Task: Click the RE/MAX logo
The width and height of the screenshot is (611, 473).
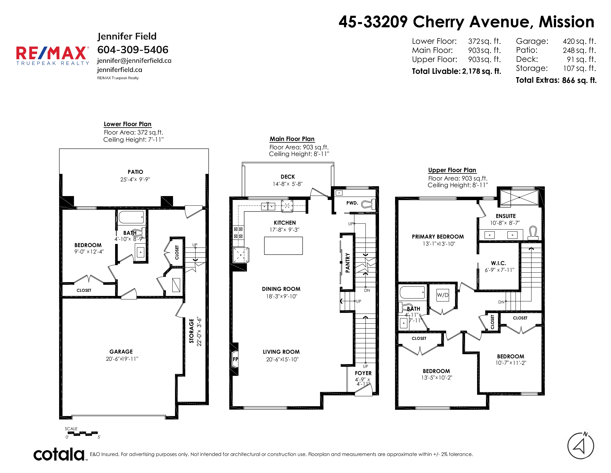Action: tap(53, 55)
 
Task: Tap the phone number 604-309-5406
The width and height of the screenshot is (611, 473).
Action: tap(133, 50)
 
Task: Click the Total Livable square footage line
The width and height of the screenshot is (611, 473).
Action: tap(456, 71)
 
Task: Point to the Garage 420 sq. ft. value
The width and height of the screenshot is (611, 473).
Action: tap(579, 41)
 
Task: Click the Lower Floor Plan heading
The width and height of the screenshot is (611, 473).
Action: tap(128, 124)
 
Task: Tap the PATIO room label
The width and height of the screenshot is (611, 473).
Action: tap(135, 172)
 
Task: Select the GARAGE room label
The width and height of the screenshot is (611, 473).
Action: tap(121, 351)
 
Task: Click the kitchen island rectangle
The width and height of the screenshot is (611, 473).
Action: tap(283, 246)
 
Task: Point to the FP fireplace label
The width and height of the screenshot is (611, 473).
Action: tap(235, 359)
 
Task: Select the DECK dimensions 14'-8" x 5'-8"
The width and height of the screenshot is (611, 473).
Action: tap(288, 184)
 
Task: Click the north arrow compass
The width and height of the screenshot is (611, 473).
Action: tap(580, 446)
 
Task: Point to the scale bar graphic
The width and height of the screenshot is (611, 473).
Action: tap(83, 433)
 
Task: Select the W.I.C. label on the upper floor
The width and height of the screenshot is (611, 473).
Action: tap(499, 263)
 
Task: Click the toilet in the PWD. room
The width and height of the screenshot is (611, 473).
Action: tap(368, 204)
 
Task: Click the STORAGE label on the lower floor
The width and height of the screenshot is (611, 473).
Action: tap(192, 331)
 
